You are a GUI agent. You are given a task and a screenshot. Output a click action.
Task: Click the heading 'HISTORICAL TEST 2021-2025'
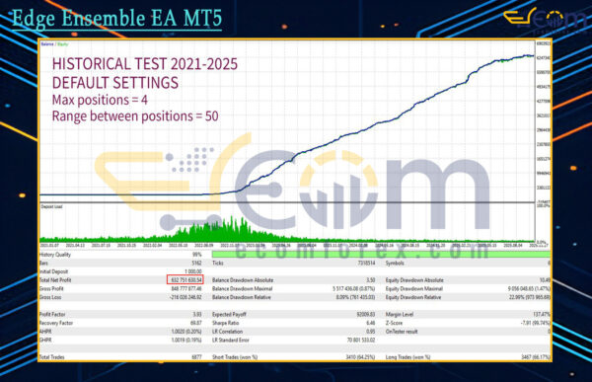(x=144, y=66)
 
